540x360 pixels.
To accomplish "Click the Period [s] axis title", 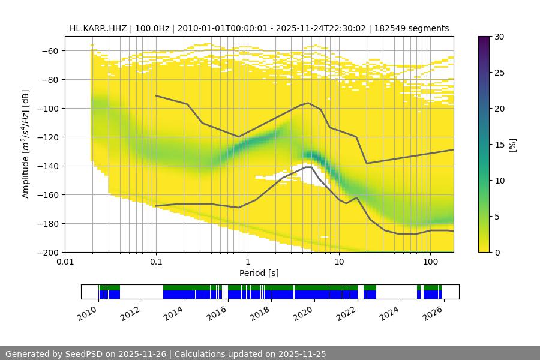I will pyautogui.click(x=259, y=273).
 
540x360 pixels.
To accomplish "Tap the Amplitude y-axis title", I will pyautogui.click(x=26, y=144).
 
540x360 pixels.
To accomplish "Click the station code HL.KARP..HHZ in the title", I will pyautogui.click(x=97, y=28).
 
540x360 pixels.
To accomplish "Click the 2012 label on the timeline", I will pyautogui.click(x=133, y=312).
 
